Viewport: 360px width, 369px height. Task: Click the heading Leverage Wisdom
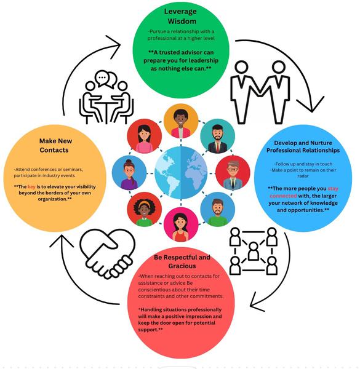coord(180,16)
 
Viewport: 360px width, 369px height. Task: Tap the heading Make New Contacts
coord(55,145)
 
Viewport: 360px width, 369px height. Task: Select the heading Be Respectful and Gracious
coord(182,261)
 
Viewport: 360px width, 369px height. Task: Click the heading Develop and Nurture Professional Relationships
coord(303,146)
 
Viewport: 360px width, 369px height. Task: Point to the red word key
coord(31,187)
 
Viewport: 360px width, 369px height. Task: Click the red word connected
coord(283,196)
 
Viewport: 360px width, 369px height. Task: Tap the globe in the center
coord(181,173)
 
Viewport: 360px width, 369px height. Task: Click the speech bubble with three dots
coord(102,78)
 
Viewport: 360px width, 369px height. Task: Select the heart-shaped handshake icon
coord(107,253)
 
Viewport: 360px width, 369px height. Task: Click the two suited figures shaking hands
coord(260,92)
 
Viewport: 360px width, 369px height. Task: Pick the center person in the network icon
coord(254,251)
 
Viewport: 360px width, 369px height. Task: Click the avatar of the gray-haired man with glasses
coord(233,173)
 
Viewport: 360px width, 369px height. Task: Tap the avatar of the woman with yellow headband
coord(144,210)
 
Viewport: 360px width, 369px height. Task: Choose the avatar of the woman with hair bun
coord(129,173)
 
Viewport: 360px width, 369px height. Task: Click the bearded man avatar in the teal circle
coord(217,136)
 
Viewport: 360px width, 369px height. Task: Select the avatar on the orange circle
coord(181,121)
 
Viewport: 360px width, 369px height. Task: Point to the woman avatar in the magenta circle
coord(181,224)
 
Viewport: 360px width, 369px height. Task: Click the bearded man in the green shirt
coord(217,210)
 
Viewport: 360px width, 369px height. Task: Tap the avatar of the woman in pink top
coord(144,136)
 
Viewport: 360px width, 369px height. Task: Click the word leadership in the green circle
coord(202,60)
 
